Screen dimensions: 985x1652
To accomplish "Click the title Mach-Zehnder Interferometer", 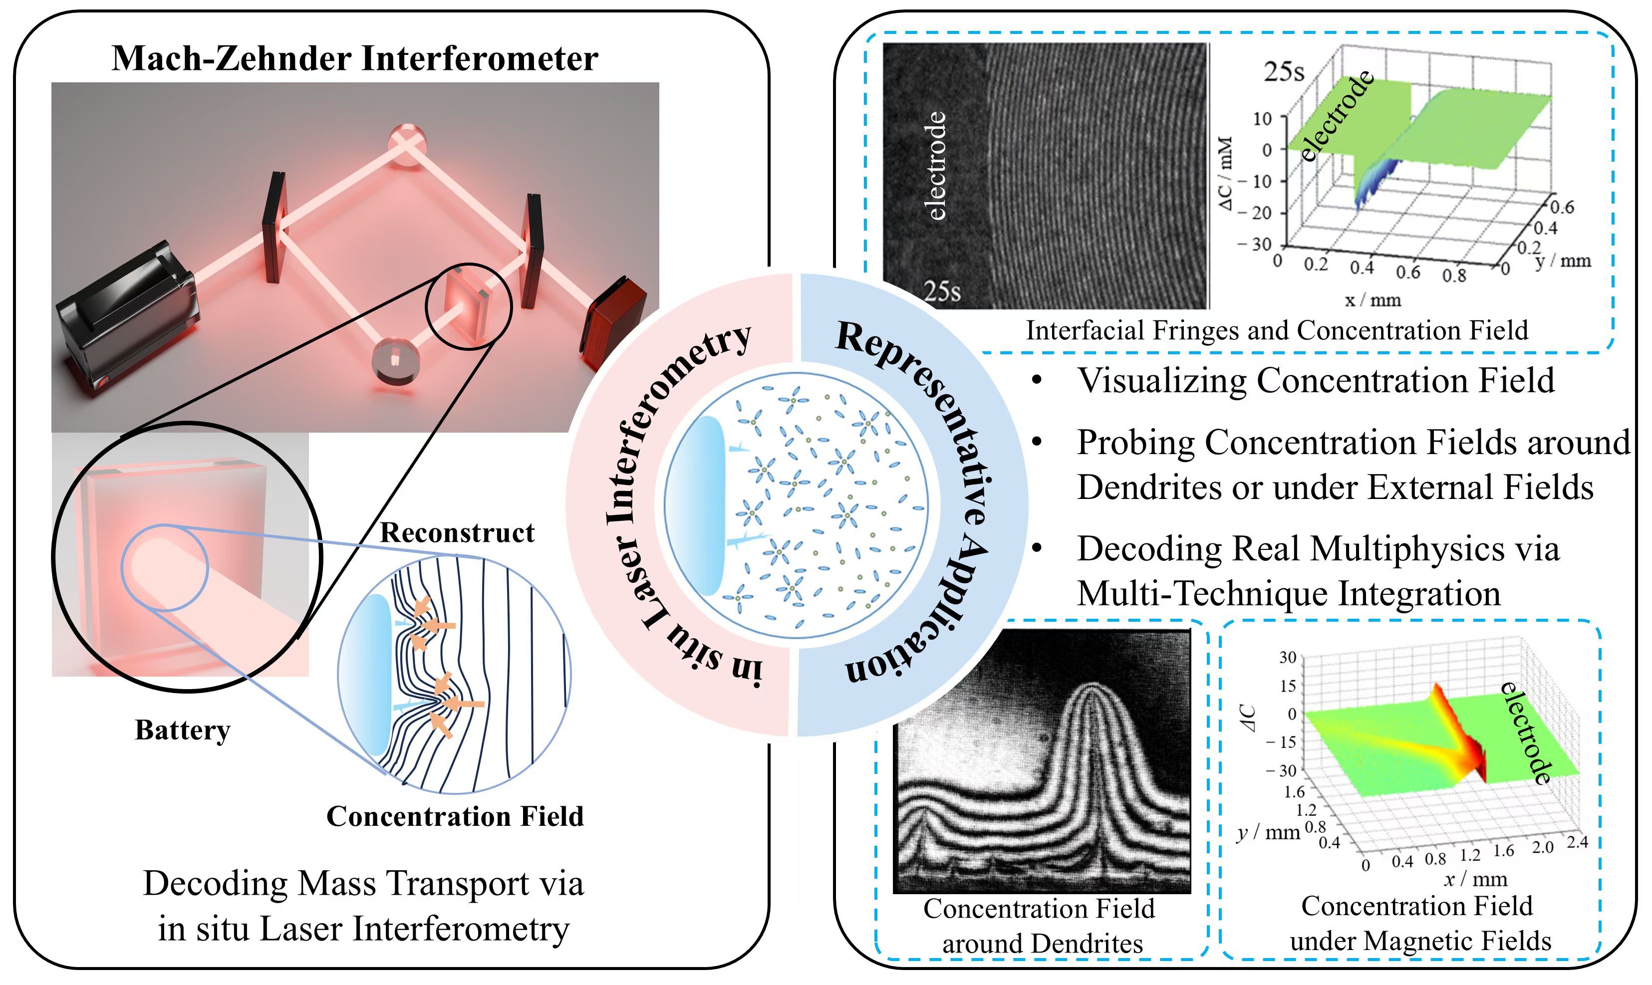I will coord(354,58).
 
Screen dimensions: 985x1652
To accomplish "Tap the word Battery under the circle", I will coord(183,730).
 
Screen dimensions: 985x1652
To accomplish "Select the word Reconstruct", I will coord(457,532).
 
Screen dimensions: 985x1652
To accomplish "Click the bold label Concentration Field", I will coord(455,816).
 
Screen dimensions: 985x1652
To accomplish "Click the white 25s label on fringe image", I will coord(942,291).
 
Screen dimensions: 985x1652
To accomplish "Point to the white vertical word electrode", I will coord(935,166).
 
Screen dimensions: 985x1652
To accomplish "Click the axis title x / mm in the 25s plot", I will coord(1373,300).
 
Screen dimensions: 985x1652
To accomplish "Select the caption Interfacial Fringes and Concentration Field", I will coord(1276,330).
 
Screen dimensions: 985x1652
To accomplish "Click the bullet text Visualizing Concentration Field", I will coord(1316,381).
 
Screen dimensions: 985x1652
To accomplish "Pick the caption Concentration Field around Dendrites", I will coord(1041,926).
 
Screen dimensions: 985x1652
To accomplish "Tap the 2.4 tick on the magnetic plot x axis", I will coord(1577,842).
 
